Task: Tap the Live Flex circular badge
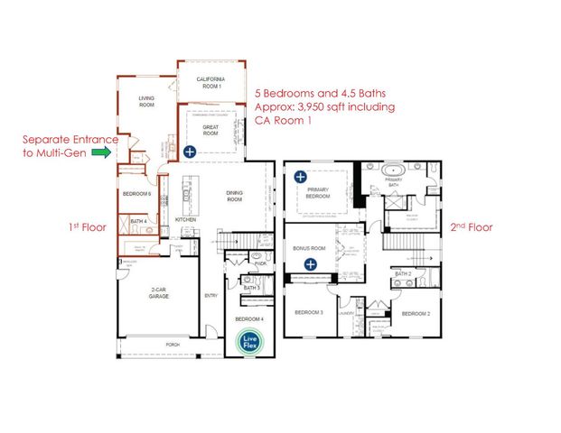[x=246, y=342]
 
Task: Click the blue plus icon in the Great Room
[x=191, y=152]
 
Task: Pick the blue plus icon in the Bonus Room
[x=310, y=264]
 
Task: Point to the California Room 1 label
[x=210, y=82]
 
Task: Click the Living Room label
[x=147, y=101]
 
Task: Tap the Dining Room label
[x=237, y=196]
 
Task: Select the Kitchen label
[x=185, y=220]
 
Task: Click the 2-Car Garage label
[x=150, y=296]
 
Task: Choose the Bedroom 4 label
[x=249, y=319]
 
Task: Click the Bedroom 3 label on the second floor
[x=309, y=312]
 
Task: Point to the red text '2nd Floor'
[x=471, y=227]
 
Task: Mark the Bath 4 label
[x=138, y=221]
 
